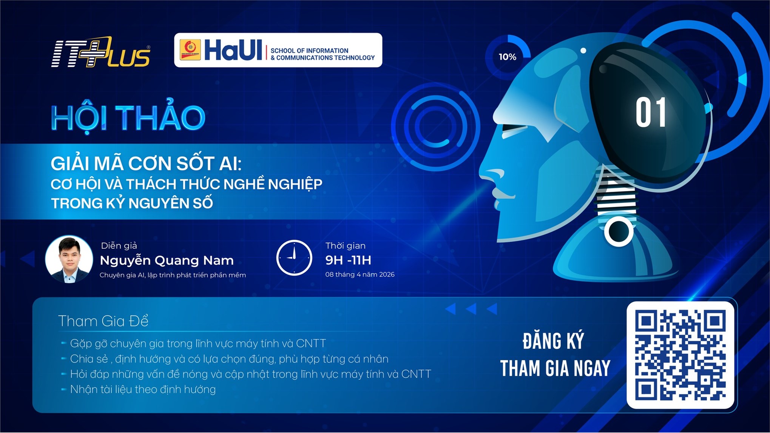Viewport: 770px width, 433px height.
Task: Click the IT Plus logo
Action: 100,52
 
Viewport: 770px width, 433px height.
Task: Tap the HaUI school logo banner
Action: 278,50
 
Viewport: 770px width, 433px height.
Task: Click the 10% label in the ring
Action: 507,57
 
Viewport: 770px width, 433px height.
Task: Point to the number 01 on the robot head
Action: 650,112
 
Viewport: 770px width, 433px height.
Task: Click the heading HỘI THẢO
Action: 128,117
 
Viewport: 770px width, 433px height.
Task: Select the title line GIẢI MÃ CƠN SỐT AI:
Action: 146,163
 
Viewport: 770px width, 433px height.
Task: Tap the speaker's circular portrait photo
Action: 69,259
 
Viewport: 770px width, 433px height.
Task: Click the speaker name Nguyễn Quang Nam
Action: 167,260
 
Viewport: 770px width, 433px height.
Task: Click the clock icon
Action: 294,257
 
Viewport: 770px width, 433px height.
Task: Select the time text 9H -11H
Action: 348,260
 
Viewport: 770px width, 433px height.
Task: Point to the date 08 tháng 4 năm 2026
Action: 360,274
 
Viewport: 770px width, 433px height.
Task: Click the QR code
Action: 680,355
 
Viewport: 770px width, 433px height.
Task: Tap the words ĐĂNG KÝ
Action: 553,341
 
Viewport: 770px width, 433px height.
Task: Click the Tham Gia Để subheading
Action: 103,321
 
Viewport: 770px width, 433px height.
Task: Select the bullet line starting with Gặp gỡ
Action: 198,344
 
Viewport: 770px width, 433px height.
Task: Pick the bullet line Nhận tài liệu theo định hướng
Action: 143,389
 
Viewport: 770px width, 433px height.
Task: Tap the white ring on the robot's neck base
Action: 618,231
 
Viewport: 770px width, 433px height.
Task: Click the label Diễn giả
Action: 119,246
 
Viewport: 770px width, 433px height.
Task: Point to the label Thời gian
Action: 345,246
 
